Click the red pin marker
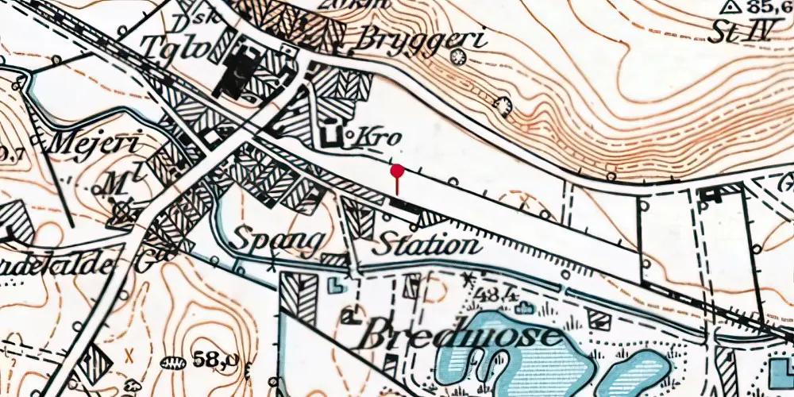click(397, 171)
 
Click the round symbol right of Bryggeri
click(457, 56)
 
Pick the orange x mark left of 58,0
click(130, 353)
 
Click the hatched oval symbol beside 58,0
click(171, 363)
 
